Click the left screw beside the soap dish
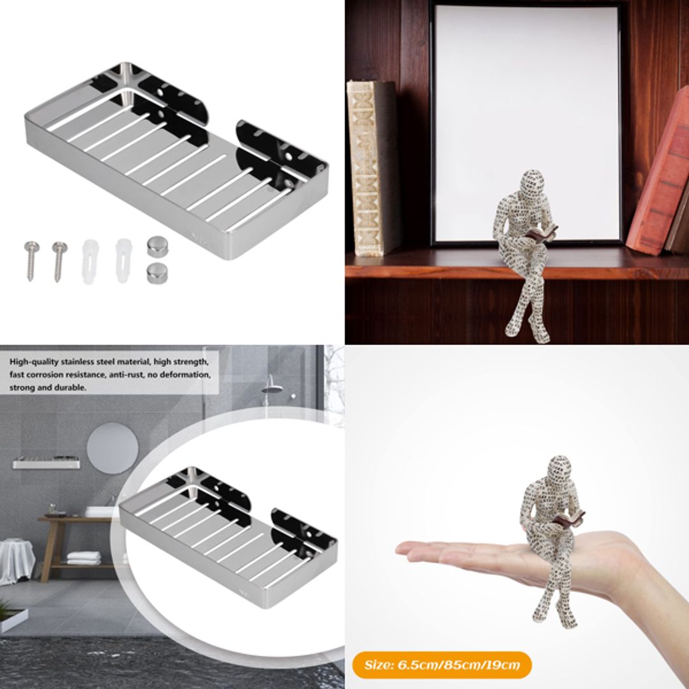[30, 260]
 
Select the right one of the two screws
[59, 260]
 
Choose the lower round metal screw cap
[156, 272]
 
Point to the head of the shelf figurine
[531, 184]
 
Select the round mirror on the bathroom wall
[112, 448]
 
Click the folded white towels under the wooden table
[84, 558]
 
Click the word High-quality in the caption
[33, 362]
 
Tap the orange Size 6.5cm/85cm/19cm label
[441, 665]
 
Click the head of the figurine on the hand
[559, 470]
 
